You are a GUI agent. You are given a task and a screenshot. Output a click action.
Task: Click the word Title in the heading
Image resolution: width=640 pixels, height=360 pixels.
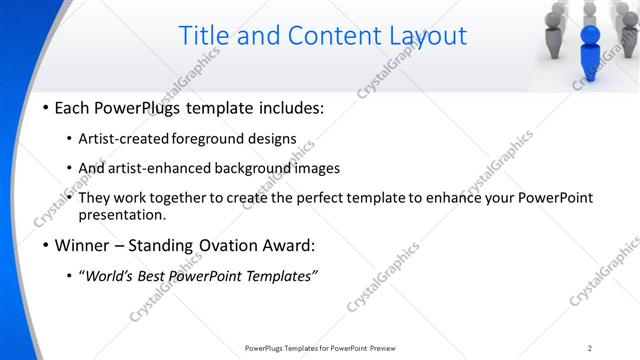coord(206,36)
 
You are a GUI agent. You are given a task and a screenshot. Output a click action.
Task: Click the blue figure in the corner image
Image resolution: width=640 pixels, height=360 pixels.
coord(590,55)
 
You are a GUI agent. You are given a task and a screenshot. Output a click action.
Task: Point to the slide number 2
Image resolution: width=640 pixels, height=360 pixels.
coord(590,347)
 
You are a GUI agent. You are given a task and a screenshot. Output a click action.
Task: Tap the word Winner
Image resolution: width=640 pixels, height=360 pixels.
coord(83,245)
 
